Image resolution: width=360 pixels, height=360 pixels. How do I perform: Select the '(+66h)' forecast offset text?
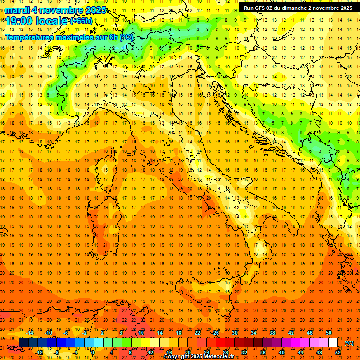coord(81,21)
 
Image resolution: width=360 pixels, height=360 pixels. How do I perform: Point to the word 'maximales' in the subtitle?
coord(77,37)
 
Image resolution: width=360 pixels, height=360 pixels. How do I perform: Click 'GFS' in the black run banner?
coord(261,8)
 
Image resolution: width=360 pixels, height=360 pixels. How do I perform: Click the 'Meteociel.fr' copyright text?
coord(219,357)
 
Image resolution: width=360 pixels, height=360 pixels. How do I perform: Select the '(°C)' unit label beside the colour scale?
coord(349,343)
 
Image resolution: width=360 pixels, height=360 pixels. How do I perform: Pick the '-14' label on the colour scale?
coord(29,333)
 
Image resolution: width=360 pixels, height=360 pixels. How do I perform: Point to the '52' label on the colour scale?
coord(338,352)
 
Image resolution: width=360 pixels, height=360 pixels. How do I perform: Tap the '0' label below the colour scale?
coord(93,352)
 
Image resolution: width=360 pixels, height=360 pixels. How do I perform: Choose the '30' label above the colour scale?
coord(235,333)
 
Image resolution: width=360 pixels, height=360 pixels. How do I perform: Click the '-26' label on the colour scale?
coord(215,333)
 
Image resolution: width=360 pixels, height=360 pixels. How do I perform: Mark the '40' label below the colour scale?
coord(282,352)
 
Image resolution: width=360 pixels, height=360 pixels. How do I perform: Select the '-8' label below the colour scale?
coord(57,352)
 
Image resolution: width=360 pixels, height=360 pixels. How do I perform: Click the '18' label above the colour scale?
coord(179,333)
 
